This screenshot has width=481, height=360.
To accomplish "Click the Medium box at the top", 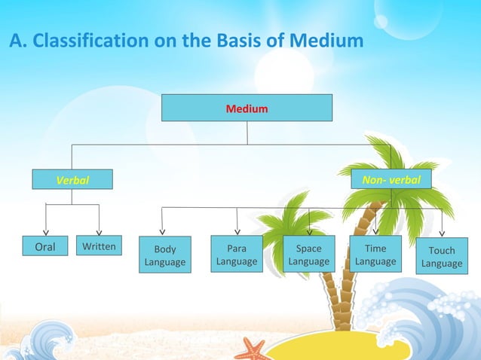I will click(x=247, y=108).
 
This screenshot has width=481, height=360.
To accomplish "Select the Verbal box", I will click(x=72, y=180).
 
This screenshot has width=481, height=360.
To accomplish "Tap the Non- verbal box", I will click(x=391, y=179).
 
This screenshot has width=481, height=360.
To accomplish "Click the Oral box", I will click(x=45, y=246).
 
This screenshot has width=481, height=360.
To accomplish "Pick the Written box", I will click(x=99, y=246).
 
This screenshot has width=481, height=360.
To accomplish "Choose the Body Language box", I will click(x=165, y=255).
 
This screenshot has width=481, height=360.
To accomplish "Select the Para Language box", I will click(x=237, y=255).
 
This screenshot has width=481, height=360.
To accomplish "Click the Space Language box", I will click(x=308, y=255).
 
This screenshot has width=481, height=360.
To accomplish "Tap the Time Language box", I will click(x=375, y=255).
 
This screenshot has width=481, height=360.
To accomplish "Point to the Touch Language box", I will click(x=442, y=257).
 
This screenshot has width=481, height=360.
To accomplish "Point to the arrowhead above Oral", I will click(x=46, y=232).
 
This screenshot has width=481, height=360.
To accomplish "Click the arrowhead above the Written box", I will click(x=99, y=232).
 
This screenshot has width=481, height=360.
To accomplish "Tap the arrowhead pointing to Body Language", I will click(x=163, y=232).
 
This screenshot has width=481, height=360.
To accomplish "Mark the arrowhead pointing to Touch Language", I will click(x=442, y=233).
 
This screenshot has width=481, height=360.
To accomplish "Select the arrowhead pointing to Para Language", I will click(x=237, y=231).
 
